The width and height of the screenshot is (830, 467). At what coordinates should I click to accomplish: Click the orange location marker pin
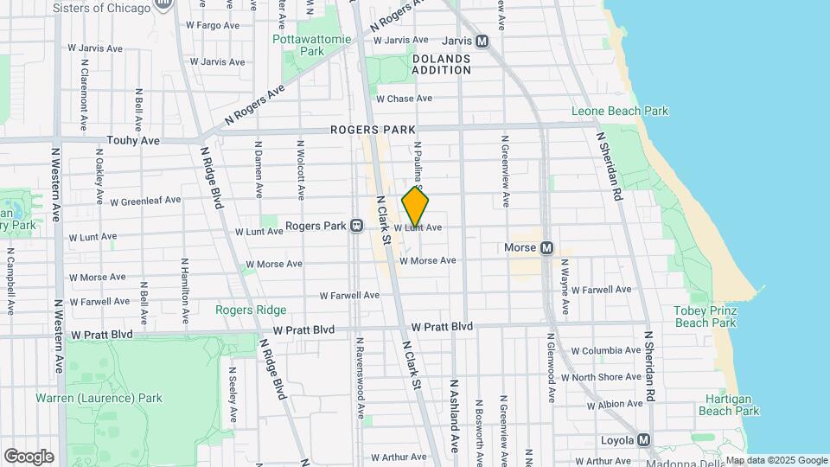(415, 207)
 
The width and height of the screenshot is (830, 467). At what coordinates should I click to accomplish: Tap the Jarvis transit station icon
(482, 41)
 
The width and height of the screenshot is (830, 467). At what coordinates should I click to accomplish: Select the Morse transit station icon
(546, 248)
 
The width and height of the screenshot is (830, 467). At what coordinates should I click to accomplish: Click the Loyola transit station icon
(644, 440)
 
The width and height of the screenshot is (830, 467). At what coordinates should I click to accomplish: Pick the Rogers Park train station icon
(356, 227)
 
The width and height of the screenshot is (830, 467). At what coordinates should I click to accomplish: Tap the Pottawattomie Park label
(298, 45)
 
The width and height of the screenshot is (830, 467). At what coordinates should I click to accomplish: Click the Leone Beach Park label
(620, 111)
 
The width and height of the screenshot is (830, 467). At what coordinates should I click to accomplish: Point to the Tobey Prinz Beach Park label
(705, 317)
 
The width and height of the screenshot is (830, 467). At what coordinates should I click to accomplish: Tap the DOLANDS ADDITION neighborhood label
(441, 64)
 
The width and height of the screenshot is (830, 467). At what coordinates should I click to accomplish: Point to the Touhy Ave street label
(133, 140)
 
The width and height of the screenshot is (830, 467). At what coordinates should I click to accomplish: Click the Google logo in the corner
(28, 457)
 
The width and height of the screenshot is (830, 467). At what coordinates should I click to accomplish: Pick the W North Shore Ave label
(607, 377)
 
